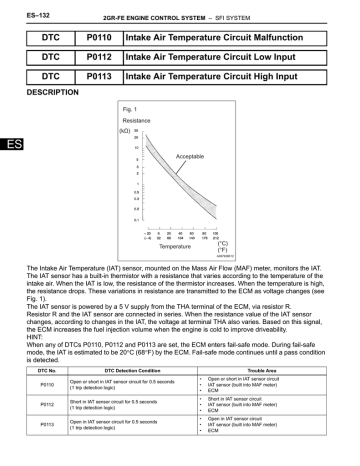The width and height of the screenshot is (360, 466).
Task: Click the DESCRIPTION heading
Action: click(x=49, y=92)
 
